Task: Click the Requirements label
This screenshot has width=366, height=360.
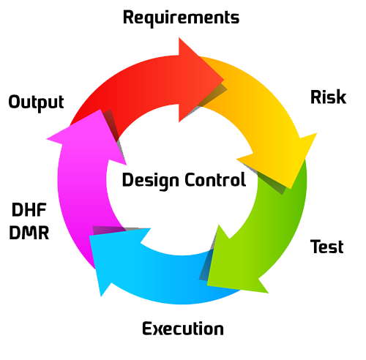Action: point(181,18)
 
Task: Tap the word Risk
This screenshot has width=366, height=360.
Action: point(328,97)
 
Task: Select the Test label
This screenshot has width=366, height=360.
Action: point(326,247)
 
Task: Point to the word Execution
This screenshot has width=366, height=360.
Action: point(183,329)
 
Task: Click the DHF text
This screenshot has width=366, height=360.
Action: point(29,209)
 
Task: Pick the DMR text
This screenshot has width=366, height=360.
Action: point(29,233)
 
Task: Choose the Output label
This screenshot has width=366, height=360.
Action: point(36,102)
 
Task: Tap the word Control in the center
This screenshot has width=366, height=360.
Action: point(215,179)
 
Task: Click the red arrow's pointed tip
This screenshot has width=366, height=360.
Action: point(224,79)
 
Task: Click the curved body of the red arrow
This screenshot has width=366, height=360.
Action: point(137,83)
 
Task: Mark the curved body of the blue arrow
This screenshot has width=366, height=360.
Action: point(171,280)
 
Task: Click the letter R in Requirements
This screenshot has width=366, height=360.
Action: point(128,17)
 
